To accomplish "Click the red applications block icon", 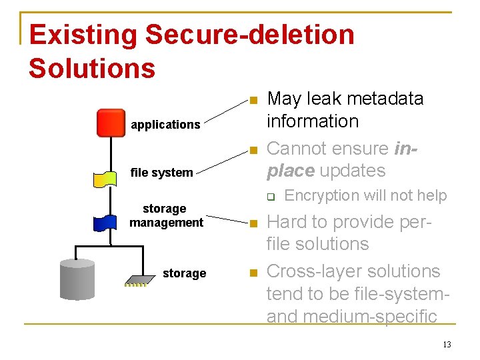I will [111, 123].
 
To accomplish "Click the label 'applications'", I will [165, 125].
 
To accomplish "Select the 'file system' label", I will [161, 173].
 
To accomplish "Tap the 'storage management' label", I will [166, 215].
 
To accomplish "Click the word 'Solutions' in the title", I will [92, 68].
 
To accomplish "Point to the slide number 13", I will [446, 345].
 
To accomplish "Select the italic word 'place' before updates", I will [291, 171].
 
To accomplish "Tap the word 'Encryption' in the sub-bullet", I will [323, 195].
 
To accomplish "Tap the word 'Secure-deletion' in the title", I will [249, 35].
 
